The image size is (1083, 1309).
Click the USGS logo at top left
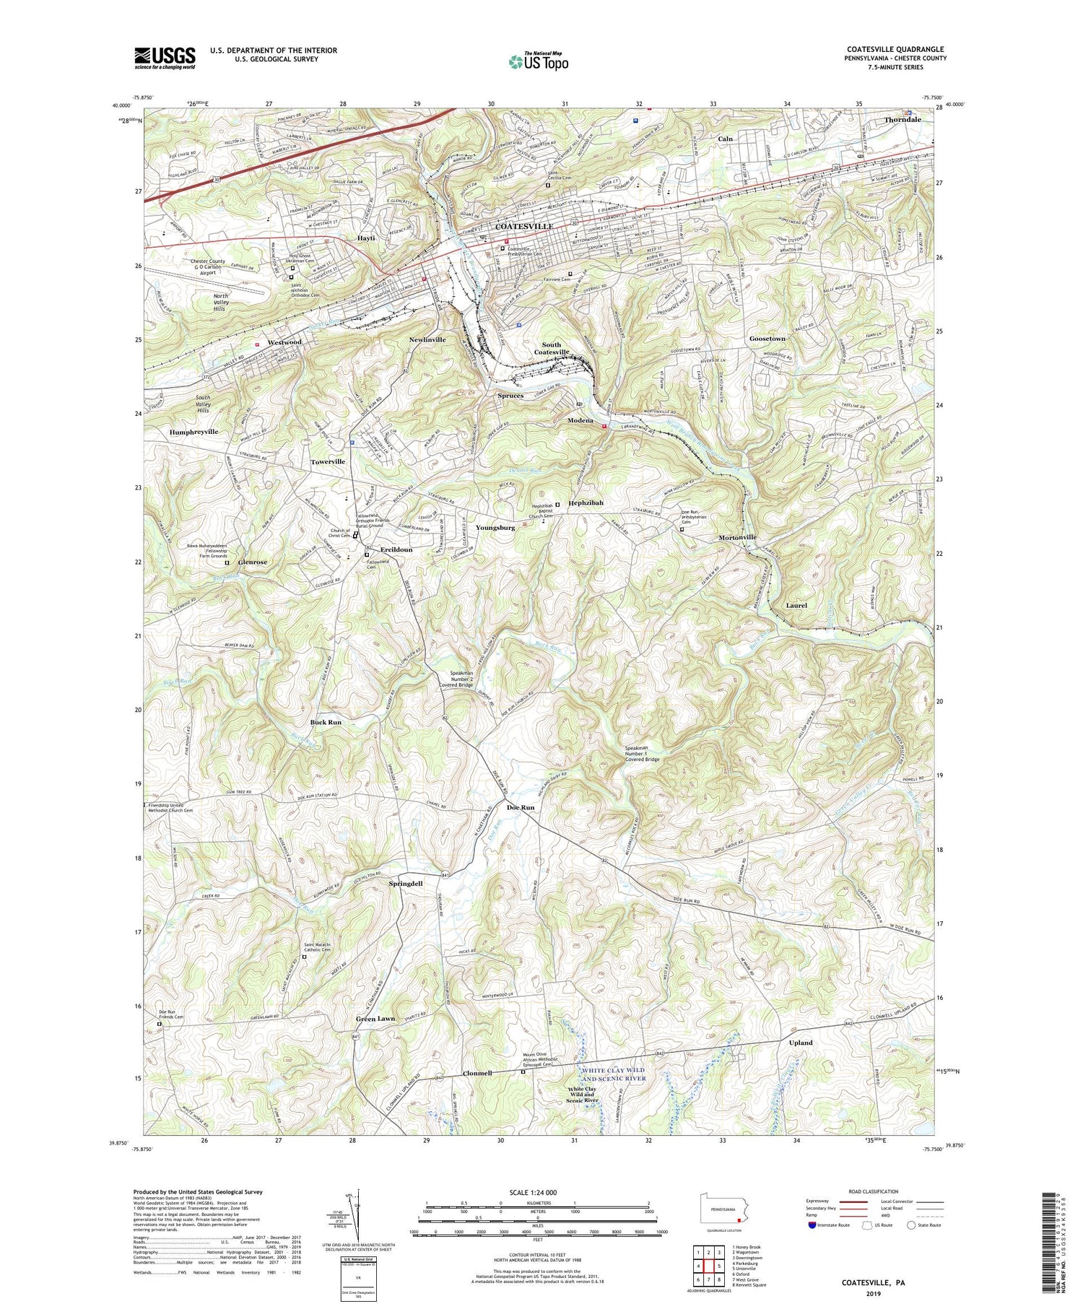pyautogui.click(x=165, y=58)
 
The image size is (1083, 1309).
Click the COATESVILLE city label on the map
pyautogui.click(x=524, y=227)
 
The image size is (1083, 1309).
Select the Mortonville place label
pyautogui.click(x=737, y=538)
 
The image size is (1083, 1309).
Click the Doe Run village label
pyautogui.click(x=521, y=807)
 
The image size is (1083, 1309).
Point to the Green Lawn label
pyautogui.click(x=375, y=1019)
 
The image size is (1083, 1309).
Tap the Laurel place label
pyautogui.click(x=796, y=606)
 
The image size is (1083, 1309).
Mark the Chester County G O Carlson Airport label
pyautogui.click(x=209, y=266)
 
